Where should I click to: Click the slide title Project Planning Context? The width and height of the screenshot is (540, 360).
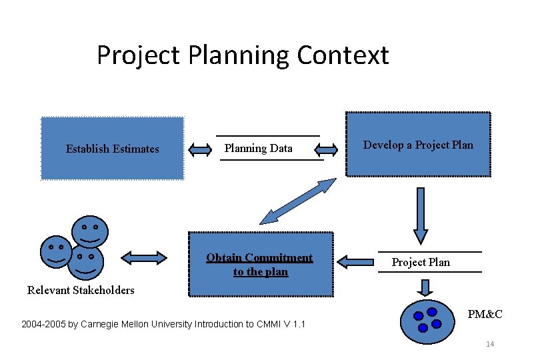tap(243, 55)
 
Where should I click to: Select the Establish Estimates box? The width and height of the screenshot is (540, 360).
tap(112, 149)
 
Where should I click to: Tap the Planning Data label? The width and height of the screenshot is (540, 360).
tap(259, 148)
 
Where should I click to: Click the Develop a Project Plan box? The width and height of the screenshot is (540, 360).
tap(418, 145)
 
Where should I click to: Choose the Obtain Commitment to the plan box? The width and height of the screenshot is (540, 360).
tap(260, 264)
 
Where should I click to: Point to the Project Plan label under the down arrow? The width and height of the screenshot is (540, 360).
tap(421, 262)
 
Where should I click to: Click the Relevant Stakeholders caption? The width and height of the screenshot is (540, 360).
tap(81, 290)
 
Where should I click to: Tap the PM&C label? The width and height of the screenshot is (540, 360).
tap(485, 314)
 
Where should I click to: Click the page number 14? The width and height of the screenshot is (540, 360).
tap(490, 344)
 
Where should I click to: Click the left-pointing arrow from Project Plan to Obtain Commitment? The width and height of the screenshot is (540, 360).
tap(355, 261)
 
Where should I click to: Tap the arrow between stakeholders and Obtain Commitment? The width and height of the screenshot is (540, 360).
tap(144, 257)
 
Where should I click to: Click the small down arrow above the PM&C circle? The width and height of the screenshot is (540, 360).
tap(424, 287)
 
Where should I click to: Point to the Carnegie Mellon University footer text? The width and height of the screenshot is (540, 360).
tap(163, 324)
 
